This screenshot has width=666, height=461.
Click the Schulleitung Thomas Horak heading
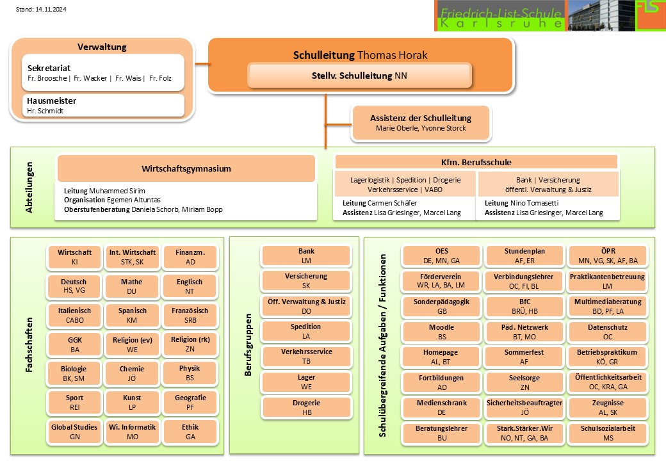coord(360,55)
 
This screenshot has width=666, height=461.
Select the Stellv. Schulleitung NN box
coord(359,75)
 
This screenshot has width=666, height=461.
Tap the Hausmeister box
coord(97,106)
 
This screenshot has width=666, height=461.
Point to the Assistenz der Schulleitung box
coord(421,123)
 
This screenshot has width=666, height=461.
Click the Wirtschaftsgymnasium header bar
coord(186,169)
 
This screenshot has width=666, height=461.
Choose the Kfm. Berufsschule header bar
coord(476,162)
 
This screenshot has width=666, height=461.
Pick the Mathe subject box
coord(132,286)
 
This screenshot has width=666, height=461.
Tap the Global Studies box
coord(74,431)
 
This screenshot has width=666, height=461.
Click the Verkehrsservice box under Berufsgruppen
coord(306,356)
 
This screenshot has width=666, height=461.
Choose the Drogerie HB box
coord(306,408)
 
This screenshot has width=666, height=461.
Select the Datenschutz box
coord(608,332)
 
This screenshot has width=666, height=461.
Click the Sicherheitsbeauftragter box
coord(524,408)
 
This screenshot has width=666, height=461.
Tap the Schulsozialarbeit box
coord(608,433)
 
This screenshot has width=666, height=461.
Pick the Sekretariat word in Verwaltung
coord(49,67)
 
